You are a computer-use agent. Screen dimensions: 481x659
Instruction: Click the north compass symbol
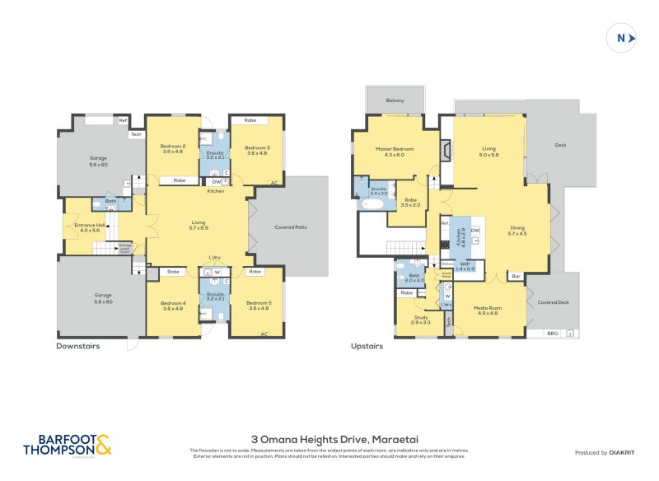click(x=621, y=38)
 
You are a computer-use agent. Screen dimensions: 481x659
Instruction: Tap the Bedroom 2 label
click(x=173, y=149)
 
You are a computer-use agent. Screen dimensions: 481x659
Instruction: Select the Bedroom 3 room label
click(x=256, y=149)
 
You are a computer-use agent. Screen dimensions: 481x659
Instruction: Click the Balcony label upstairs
click(x=395, y=100)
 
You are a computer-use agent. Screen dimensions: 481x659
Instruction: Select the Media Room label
click(x=488, y=311)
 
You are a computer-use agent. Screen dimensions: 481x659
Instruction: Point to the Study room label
click(x=421, y=320)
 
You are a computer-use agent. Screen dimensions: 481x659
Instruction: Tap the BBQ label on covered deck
click(x=552, y=333)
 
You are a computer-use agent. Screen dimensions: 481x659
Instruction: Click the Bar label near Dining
click(x=516, y=276)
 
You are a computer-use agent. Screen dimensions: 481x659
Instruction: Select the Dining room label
click(x=516, y=231)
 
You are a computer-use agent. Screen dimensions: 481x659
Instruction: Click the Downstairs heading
click(x=78, y=347)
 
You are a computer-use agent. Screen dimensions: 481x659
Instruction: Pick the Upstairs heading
click(x=367, y=347)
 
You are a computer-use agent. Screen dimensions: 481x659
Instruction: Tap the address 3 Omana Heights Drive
click(x=334, y=440)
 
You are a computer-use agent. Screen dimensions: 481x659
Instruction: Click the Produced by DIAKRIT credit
click(x=603, y=452)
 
